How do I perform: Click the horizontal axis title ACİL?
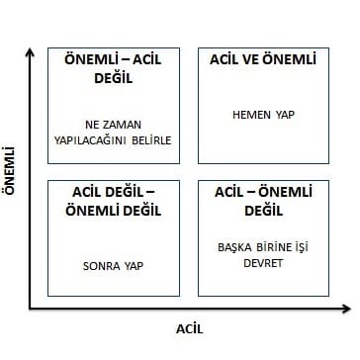190,327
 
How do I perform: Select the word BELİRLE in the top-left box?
152,139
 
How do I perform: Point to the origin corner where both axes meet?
32,310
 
